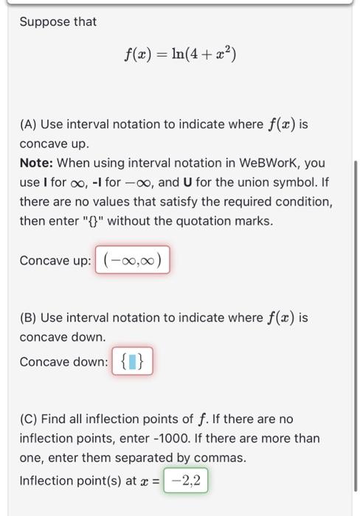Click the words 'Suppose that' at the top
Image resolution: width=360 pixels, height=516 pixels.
click(58, 22)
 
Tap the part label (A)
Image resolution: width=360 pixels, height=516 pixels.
click(29, 124)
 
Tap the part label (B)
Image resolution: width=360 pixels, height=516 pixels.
click(29, 318)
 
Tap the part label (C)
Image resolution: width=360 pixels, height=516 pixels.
click(29, 419)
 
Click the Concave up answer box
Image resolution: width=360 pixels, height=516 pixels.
click(133, 260)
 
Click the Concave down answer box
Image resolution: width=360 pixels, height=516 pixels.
click(133, 362)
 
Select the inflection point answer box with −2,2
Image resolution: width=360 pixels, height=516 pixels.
click(186, 481)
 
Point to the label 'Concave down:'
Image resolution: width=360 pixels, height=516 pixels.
click(64, 362)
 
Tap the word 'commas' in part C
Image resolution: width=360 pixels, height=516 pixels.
click(220, 458)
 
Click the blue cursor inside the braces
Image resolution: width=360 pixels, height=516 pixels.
click(133, 362)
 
